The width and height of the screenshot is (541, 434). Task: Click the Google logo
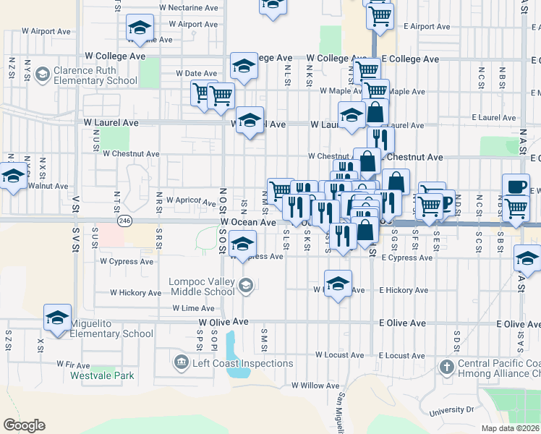pyautogui.click(x=24, y=425)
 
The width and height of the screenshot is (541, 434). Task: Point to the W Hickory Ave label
pyautogui.click(x=135, y=293)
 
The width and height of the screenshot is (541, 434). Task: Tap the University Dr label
pyautogui.click(x=450, y=409)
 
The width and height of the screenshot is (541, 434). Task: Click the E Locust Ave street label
pyautogui.click(x=402, y=355)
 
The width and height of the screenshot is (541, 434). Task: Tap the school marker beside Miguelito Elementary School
pyautogui.click(x=58, y=317)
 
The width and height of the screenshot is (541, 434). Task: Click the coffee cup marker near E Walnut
pyautogui.click(x=516, y=186)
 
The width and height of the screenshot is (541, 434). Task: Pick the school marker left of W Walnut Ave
pyautogui.click(x=12, y=176)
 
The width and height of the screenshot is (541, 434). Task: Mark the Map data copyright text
pyautogui.click(x=510, y=428)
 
